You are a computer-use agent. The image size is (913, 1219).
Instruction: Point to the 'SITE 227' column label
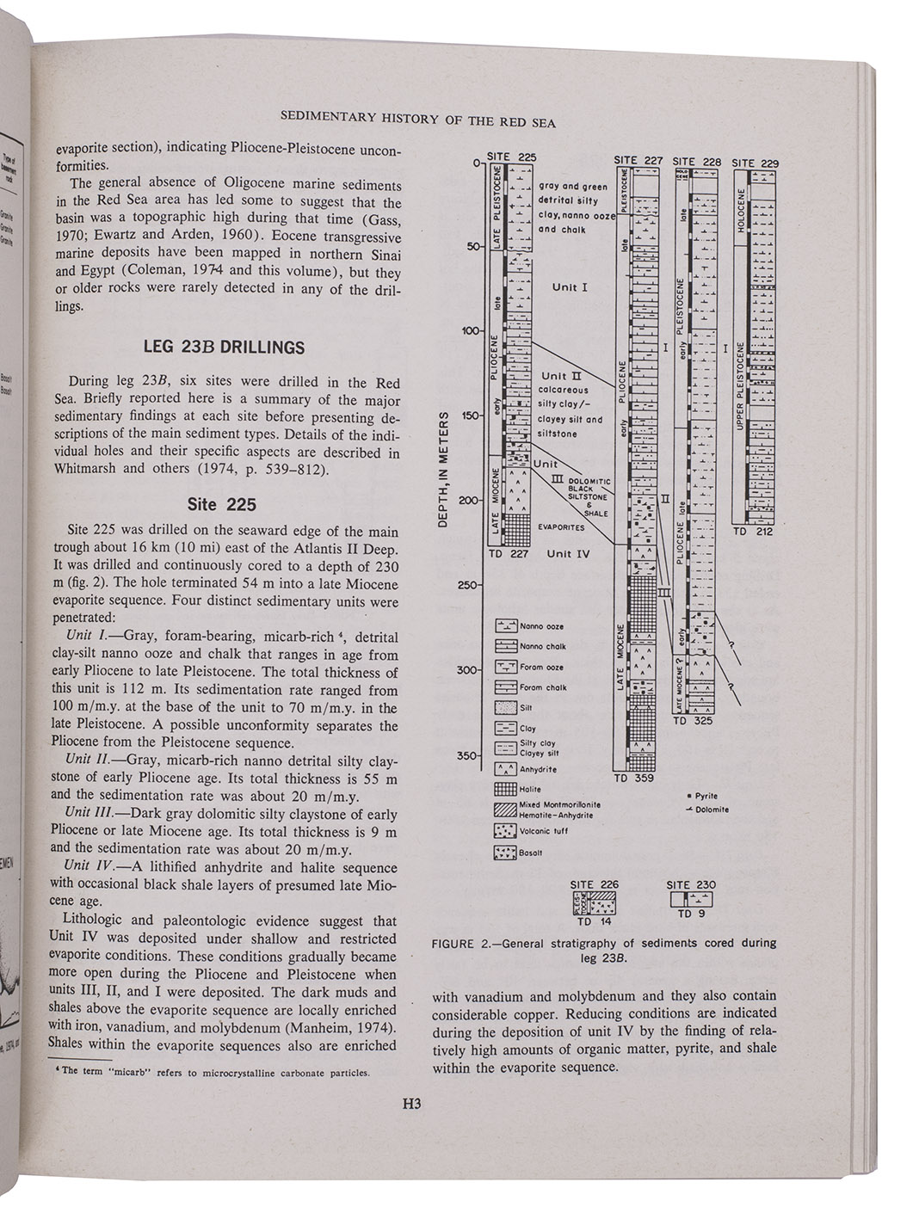click(638, 160)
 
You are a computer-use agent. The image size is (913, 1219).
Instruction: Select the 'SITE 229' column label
click(755, 163)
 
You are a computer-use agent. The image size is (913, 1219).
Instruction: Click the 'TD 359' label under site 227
click(633, 779)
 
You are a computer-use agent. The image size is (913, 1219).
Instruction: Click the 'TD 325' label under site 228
click(692, 721)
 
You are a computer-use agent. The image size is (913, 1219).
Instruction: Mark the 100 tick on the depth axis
click(469, 331)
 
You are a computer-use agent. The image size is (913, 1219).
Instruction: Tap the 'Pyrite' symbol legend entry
click(709, 796)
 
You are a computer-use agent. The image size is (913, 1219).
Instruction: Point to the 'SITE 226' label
click(594, 884)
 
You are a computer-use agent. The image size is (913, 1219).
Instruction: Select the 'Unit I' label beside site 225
click(570, 286)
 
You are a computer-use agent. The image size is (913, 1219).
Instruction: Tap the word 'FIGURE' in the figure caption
click(453, 944)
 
